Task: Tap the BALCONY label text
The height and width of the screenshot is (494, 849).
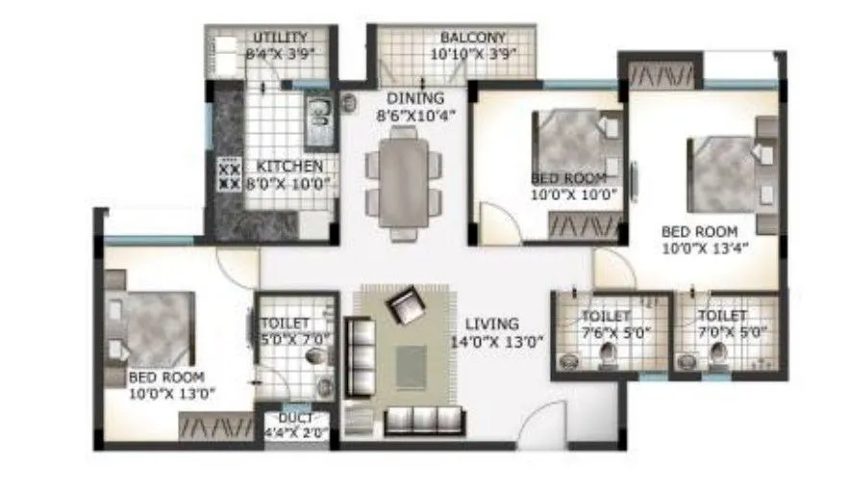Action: click(472, 38)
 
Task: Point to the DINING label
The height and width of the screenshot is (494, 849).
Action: click(415, 98)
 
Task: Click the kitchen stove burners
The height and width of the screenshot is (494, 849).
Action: click(230, 176)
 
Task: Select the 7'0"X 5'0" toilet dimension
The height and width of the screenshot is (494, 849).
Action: click(723, 332)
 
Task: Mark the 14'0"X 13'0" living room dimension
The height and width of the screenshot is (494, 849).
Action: click(498, 340)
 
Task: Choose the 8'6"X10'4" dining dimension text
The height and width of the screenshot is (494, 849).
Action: click(415, 115)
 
